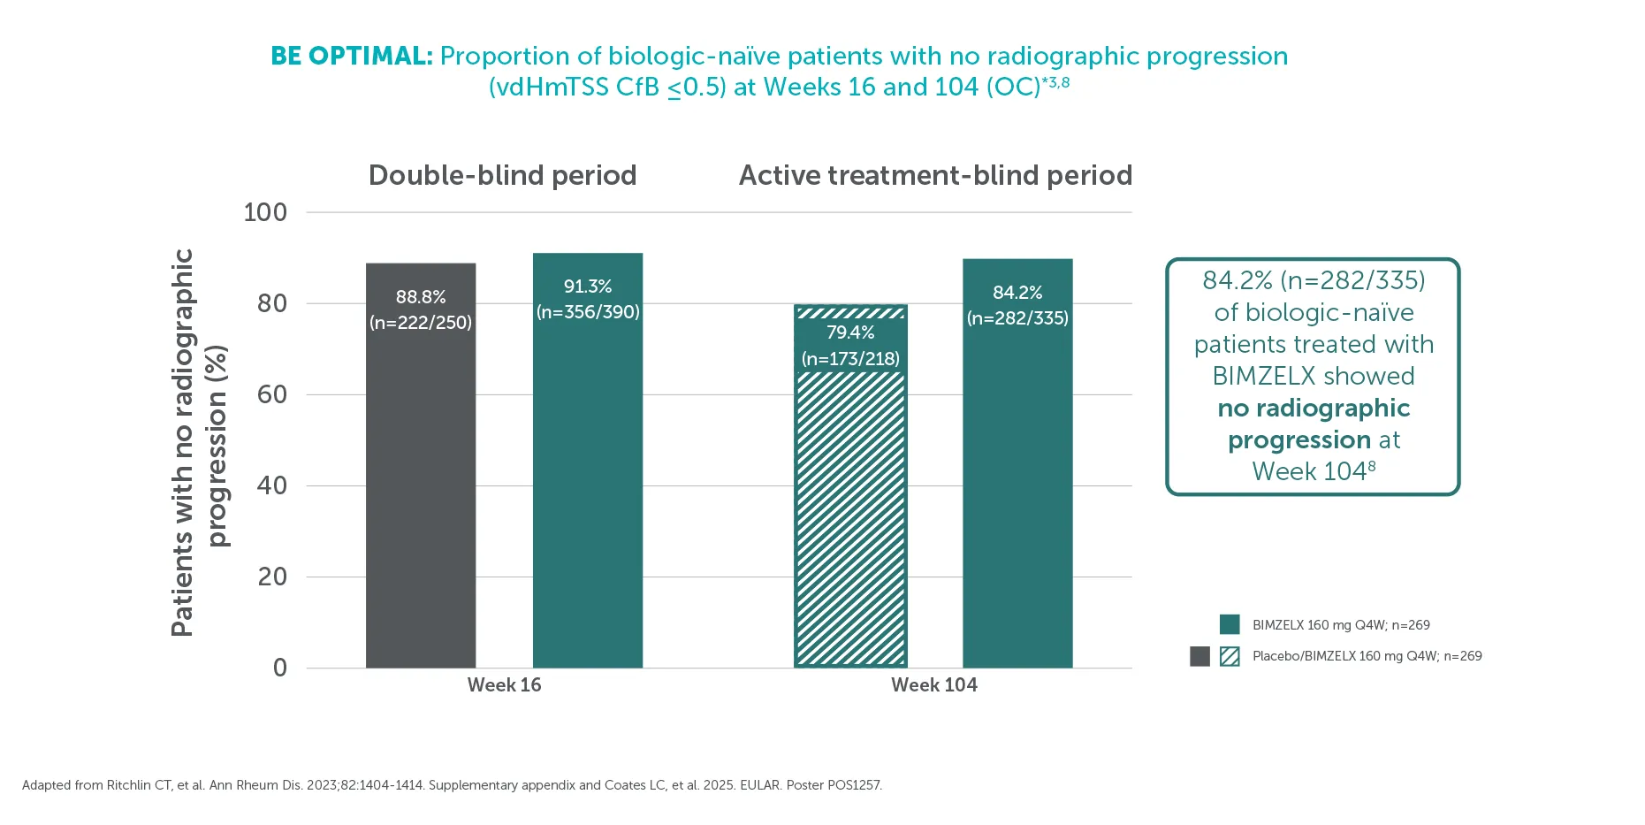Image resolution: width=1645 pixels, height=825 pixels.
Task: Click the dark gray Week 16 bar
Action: click(x=421, y=465)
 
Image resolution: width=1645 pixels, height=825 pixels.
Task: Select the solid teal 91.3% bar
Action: click(x=588, y=460)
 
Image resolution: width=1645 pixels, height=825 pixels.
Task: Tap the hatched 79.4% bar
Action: click(x=850, y=485)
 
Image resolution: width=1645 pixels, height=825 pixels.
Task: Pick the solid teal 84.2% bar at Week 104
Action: click(x=1017, y=463)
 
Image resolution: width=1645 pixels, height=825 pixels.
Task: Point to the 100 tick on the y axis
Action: click(x=265, y=212)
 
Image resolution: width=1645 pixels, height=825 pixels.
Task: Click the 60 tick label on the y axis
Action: click(x=272, y=394)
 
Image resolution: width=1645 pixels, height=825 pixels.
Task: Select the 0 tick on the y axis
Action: click(x=280, y=668)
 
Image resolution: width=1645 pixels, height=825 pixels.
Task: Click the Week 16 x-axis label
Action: click(x=504, y=685)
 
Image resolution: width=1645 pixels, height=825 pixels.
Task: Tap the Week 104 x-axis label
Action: click(x=934, y=685)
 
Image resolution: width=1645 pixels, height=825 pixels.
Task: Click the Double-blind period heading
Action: click(x=502, y=176)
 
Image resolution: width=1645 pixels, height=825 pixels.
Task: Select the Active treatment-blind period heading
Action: click(x=935, y=176)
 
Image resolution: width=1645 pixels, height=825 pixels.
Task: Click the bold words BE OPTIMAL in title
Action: click(x=351, y=56)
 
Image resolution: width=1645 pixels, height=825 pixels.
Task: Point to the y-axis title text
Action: click(x=198, y=442)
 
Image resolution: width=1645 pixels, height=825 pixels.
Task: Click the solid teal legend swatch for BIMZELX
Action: click(x=1230, y=624)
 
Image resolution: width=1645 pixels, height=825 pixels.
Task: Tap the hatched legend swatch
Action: click(x=1230, y=656)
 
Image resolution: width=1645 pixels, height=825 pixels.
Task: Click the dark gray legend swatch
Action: click(x=1199, y=656)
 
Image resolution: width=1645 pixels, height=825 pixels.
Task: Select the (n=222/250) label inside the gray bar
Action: click(x=421, y=323)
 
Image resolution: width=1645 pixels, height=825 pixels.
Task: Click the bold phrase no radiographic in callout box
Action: click(x=1314, y=408)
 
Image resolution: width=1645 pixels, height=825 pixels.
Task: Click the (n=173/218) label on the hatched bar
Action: click(x=850, y=359)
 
